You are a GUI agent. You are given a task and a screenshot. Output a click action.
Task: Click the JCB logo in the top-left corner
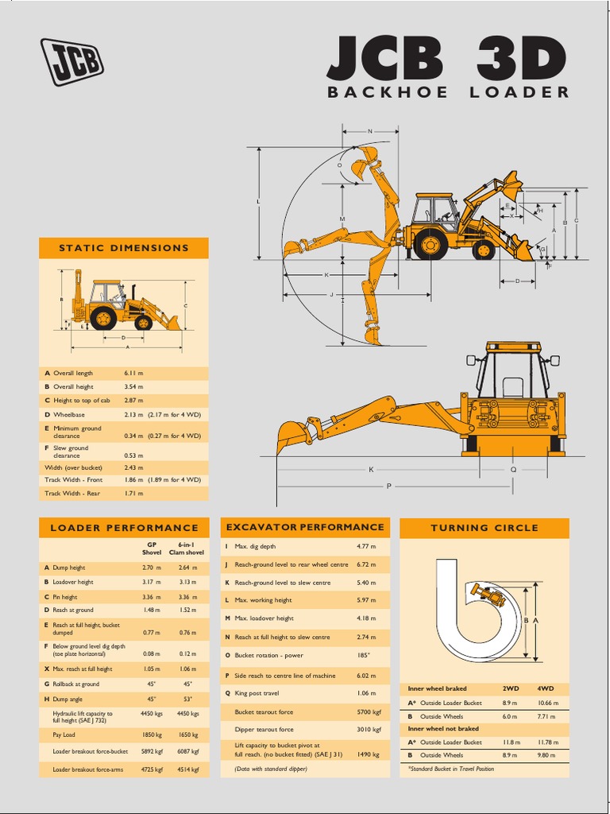coord(71,61)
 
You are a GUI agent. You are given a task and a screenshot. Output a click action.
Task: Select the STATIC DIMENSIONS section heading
coord(124,248)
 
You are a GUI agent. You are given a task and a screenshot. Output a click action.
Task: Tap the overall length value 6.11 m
coord(133,373)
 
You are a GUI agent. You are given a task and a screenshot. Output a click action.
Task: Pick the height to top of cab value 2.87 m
coord(133,401)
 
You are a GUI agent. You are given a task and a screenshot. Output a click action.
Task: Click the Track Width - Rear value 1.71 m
coord(133,494)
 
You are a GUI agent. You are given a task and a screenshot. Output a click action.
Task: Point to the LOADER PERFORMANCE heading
coord(124,528)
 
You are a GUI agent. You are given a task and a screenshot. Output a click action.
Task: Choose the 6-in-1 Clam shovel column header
coord(187,548)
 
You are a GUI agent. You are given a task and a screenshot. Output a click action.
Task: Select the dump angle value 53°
coord(187,699)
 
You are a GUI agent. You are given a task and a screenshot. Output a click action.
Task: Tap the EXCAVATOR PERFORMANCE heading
coord(305,527)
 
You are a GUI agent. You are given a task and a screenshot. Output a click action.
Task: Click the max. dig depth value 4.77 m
coord(366,546)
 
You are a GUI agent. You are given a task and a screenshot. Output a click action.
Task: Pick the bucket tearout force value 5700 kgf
coord(366,712)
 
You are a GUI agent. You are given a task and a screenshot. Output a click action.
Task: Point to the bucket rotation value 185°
coord(364,656)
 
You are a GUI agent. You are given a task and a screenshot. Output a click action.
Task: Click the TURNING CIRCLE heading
coord(484,528)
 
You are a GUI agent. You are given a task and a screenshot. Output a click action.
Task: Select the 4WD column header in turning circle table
coord(545,688)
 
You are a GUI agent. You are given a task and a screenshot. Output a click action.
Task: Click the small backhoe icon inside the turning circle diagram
coord(487,594)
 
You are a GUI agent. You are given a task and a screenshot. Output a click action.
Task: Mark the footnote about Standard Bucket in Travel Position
coord(451,769)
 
